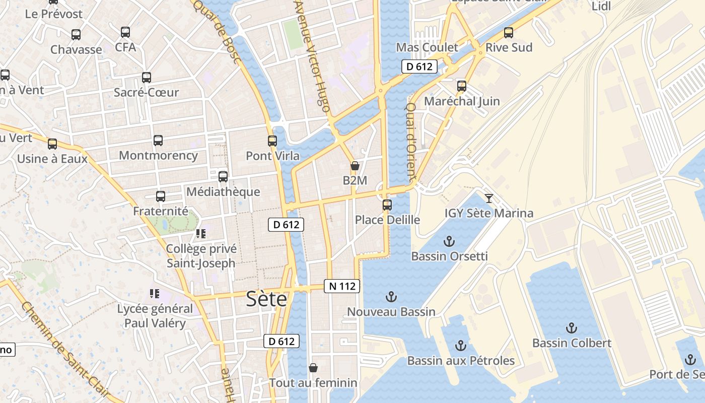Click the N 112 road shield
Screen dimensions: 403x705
click(342, 286)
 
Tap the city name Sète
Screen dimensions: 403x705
click(266, 299)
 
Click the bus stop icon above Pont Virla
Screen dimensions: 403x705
click(272, 141)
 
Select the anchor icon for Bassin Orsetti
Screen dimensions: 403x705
click(449, 241)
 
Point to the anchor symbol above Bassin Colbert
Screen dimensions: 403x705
click(571, 328)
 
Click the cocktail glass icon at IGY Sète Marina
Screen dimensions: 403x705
click(488, 198)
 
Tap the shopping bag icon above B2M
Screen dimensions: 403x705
click(355, 166)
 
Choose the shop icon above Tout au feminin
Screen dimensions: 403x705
click(313, 368)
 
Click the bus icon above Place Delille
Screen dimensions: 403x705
click(387, 205)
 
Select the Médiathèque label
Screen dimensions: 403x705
click(223, 192)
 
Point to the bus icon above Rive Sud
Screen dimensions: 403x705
click(509, 33)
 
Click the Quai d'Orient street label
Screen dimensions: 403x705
click(411, 143)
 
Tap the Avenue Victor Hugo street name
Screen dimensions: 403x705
click(313, 55)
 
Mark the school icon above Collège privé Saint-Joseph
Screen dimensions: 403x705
click(201, 234)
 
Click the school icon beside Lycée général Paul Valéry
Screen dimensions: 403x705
click(155, 294)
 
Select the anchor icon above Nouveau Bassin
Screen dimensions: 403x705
click(391, 297)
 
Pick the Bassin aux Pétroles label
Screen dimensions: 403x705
click(461, 361)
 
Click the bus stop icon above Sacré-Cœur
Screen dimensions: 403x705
click(147, 78)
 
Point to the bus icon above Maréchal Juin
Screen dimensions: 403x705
click(462, 86)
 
